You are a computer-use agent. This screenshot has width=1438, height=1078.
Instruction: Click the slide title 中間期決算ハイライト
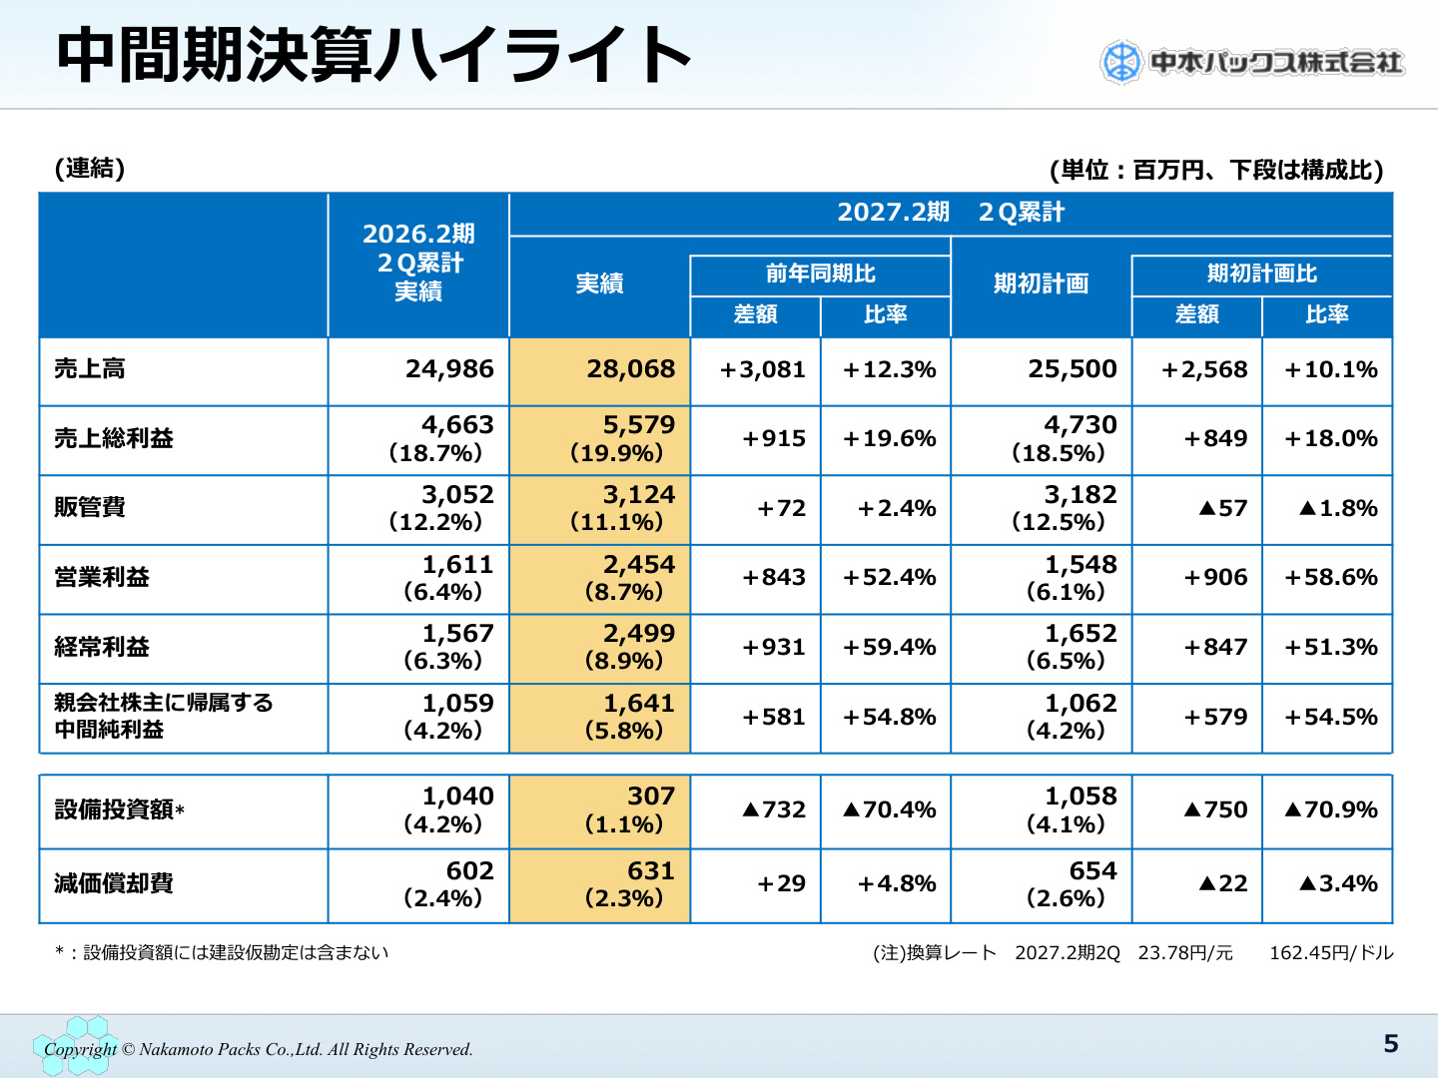pyautogui.click(x=373, y=56)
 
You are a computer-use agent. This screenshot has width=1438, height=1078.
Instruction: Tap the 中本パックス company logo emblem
pyautogui.click(x=1120, y=63)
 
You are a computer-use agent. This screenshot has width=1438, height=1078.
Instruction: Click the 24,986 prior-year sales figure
pyautogui.click(x=449, y=369)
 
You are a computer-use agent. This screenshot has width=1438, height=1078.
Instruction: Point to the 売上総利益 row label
pyautogui.click(x=113, y=438)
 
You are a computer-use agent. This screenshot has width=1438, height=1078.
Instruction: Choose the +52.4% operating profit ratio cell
pyautogui.click(x=889, y=577)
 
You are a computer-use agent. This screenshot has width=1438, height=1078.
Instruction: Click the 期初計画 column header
pyautogui.click(x=1041, y=283)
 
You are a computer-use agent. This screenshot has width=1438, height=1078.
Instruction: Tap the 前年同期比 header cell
pyautogui.click(x=820, y=273)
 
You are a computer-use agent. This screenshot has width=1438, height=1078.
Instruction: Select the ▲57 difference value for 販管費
pyautogui.click(x=1222, y=508)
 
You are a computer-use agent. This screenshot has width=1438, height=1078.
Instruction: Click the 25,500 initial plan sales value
pyautogui.click(x=1072, y=369)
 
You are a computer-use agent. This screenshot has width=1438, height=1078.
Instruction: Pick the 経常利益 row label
pyautogui.click(x=102, y=647)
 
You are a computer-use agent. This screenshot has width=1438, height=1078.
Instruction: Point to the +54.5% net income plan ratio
pyautogui.click(x=1330, y=717)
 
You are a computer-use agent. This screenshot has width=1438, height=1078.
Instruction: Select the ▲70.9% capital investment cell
pyautogui.click(x=1330, y=809)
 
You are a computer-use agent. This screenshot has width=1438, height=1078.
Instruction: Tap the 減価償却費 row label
pyautogui.click(x=113, y=883)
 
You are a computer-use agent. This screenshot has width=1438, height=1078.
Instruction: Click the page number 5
pyautogui.click(x=1391, y=1043)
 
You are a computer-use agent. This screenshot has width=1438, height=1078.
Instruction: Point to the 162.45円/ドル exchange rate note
pyautogui.click(x=1331, y=953)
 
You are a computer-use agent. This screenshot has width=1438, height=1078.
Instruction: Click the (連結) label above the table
pyautogui.click(x=90, y=169)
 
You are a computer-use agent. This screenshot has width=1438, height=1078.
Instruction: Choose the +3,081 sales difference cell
pyautogui.click(x=762, y=369)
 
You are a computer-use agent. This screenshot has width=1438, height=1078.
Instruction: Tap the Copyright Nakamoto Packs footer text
pyautogui.click(x=258, y=1049)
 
